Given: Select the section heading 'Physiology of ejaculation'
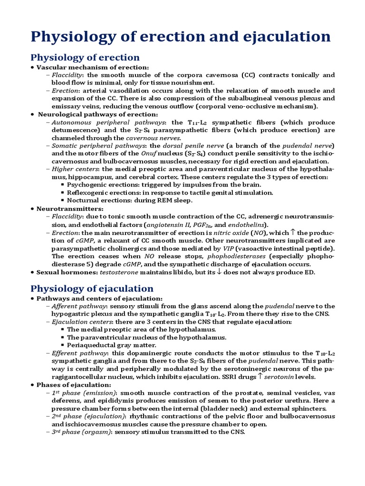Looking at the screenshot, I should click(92, 289).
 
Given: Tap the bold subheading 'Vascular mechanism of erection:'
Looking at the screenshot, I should click(93, 67).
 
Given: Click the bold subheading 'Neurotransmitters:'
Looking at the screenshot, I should click(70, 208).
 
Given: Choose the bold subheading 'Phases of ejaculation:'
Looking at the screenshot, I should click(74, 384).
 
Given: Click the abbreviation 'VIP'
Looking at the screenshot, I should click(229, 248).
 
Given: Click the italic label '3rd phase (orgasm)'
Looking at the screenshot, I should click(80, 432).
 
